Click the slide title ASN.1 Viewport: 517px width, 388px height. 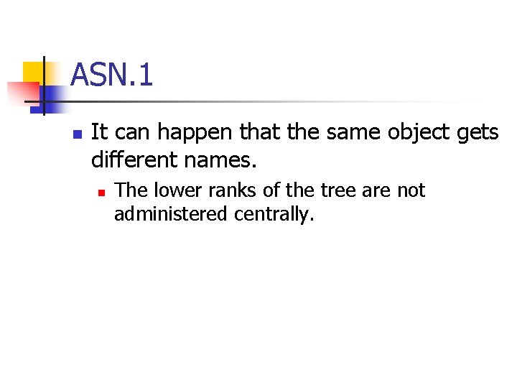(x=112, y=75)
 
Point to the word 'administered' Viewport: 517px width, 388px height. (x=168, y=214)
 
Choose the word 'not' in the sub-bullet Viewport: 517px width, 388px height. (x=411, y=191)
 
